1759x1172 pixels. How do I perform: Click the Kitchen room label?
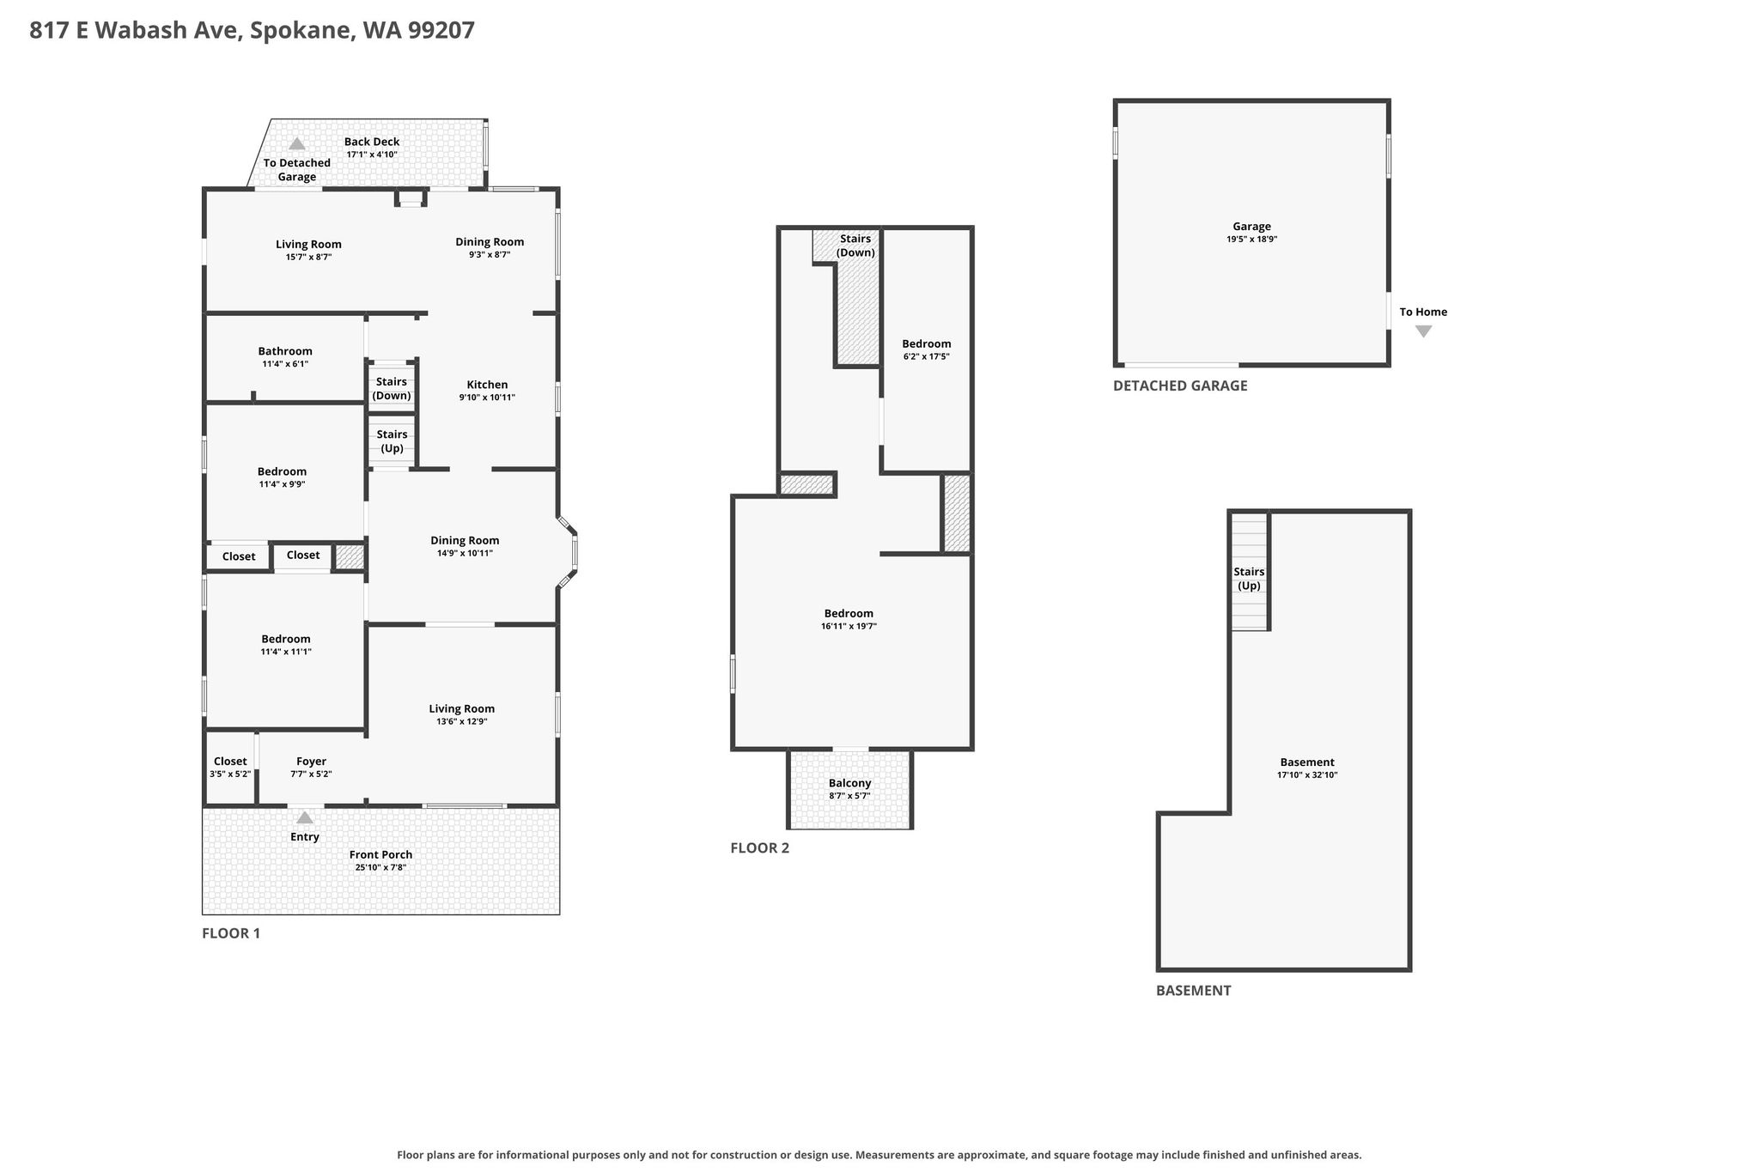pos(487,385)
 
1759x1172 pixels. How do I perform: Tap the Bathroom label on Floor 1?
pos(285,351)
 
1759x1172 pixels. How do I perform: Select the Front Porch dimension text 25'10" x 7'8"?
pos(380,868)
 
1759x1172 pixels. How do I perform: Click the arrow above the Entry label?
pos(305,817)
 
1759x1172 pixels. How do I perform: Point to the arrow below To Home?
pos(1423,331)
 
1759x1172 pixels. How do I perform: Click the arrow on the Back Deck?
pos(296,143)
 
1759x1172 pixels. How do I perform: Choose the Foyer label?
pos(311,762)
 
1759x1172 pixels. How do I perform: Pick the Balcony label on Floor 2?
pos(849,783)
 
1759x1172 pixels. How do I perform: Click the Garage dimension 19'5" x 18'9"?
pos(1251,240)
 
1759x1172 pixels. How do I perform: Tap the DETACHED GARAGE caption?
pos(1180,386)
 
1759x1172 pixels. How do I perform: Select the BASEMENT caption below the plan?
pos(1193,990)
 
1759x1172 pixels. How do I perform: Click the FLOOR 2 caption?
pos(759,848)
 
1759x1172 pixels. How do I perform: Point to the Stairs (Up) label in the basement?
pos(1249,579)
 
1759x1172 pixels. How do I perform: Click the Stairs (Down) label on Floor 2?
pos(855,246)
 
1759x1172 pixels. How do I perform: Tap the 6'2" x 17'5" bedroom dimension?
pos(926,356)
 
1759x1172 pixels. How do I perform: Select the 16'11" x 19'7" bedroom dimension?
pos(849,627)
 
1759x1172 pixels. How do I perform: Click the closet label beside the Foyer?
pos(230,762)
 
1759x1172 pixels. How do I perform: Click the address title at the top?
pos(252,31)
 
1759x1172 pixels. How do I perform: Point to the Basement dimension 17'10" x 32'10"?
pos(1307,775)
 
